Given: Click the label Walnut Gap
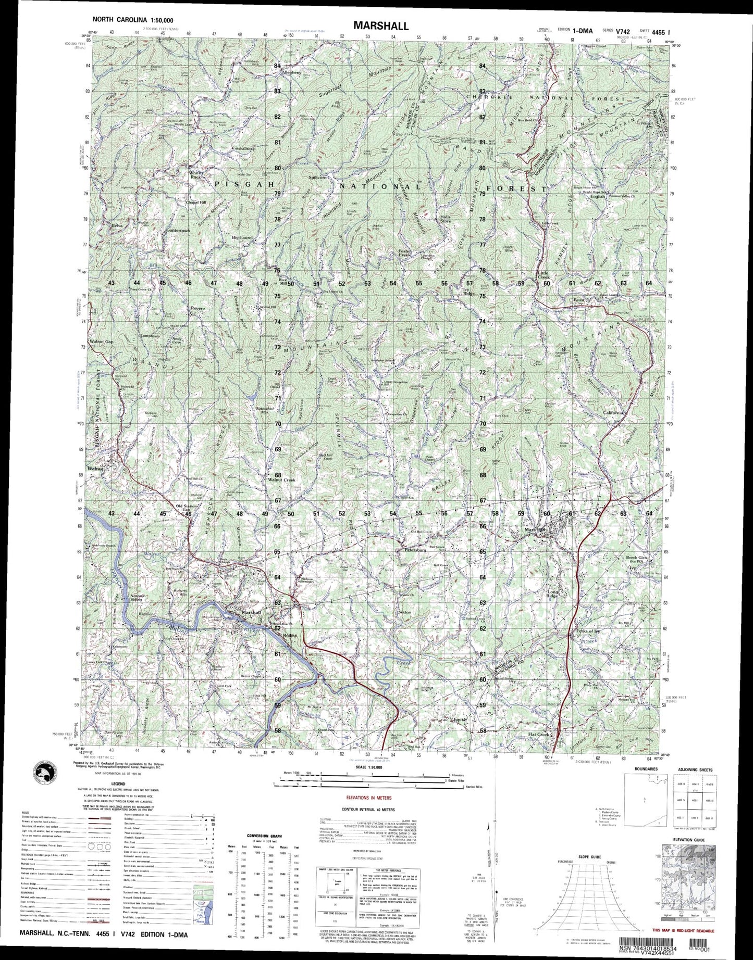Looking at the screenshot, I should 102,342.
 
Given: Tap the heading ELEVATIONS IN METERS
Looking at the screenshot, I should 368,797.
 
